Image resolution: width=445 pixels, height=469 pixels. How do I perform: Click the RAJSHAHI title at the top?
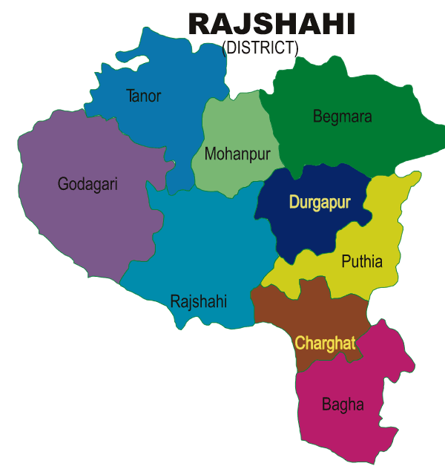point(271,24)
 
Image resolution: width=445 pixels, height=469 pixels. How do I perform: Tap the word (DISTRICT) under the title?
point(260,48)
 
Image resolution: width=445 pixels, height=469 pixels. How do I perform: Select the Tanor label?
point(144,96)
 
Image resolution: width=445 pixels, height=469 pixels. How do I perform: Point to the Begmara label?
point(342,117)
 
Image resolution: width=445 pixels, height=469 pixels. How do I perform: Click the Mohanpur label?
point(237,154)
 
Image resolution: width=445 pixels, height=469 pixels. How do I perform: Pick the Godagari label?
point(88,184)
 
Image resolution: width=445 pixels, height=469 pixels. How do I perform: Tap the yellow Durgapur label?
point(320,201)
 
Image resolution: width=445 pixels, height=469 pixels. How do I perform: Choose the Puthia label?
point(362,261)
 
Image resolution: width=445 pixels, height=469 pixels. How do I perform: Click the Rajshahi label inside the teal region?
point(199,301)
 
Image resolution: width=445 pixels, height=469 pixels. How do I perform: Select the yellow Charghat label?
point(325,343)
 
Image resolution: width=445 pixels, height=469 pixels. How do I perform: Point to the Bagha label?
point(343,404)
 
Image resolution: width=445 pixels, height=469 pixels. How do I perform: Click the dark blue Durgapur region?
point(311,226)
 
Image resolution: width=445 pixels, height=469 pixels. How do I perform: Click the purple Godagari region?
point(74,223)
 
